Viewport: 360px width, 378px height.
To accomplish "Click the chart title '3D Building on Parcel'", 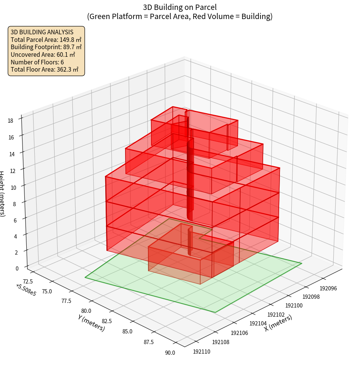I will coord(180,7).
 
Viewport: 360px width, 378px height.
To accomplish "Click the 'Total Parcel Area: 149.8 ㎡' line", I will coord(46,40).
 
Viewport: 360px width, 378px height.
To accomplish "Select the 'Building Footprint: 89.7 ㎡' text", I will coord(46,47).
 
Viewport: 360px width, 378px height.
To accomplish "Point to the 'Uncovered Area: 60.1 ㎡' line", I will coord(43,54).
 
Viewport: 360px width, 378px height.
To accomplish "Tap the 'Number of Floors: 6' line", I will coord(37,62).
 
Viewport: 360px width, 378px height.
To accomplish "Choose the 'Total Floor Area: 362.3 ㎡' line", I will coord(44,69).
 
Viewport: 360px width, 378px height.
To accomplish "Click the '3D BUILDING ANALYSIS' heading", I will coord(42,32).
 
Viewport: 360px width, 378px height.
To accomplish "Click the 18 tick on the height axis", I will coord(11,121).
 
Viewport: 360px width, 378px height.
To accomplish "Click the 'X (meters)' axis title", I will coord(278,323).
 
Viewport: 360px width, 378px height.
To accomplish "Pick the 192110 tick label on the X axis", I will coord(202,351).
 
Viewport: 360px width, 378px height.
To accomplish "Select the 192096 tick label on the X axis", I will coord(328,288).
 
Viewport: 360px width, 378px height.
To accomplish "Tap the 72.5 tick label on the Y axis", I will coord(28,281).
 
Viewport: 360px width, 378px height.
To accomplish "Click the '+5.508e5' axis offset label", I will coord(26,290).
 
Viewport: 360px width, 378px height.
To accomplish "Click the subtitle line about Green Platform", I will coord(180,16).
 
